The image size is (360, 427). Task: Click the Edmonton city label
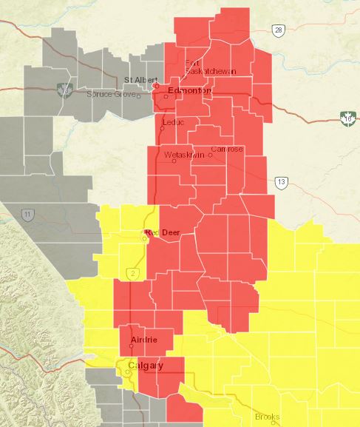189,90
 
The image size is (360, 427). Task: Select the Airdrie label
144,340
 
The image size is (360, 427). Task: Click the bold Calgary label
146,365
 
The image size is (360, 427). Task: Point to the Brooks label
267,417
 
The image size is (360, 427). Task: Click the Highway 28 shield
277,30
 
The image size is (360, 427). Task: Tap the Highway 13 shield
280,182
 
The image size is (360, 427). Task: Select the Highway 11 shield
27,215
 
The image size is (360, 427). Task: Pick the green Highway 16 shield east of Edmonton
347,117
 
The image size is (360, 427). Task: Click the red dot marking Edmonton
157,86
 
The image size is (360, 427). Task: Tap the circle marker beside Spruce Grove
138,95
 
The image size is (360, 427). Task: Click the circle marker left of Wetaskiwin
174,161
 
